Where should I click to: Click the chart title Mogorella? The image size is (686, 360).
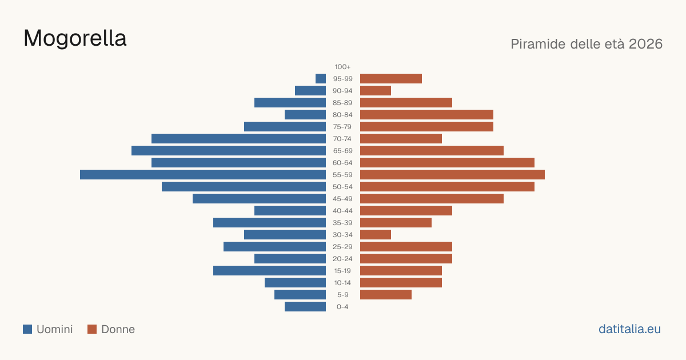pos(75,38)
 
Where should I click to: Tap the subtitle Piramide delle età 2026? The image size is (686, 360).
pos(587,44)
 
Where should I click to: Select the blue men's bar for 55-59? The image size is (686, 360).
pos(203,174)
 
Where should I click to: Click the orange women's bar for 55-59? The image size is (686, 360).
pos(452,174)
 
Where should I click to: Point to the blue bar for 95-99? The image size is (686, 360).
pos(321,79)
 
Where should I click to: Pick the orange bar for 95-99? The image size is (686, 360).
pos(391,79)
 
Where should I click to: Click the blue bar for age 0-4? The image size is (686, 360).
pos(305,307)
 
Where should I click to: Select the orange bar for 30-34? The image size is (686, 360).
pos(376,234)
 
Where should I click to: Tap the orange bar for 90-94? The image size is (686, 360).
pos(376,91)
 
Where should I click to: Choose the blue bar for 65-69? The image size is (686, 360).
pos(229,151)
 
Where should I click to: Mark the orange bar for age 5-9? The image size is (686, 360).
pos(386,294)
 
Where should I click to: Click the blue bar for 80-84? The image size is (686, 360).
pos(305,114)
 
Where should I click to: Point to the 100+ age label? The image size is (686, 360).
pos(342,67)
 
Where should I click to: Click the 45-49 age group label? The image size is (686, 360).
pos(342,199)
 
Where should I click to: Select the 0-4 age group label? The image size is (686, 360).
pos(342,307)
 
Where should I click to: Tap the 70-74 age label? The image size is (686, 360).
pos(342,139)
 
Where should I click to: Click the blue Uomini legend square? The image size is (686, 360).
pos(27,329)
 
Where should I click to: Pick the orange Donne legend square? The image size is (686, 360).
pos(92,329)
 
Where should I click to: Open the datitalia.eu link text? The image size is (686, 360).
pos(629,329)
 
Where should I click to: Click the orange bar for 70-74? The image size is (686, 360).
pos(401,139)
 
